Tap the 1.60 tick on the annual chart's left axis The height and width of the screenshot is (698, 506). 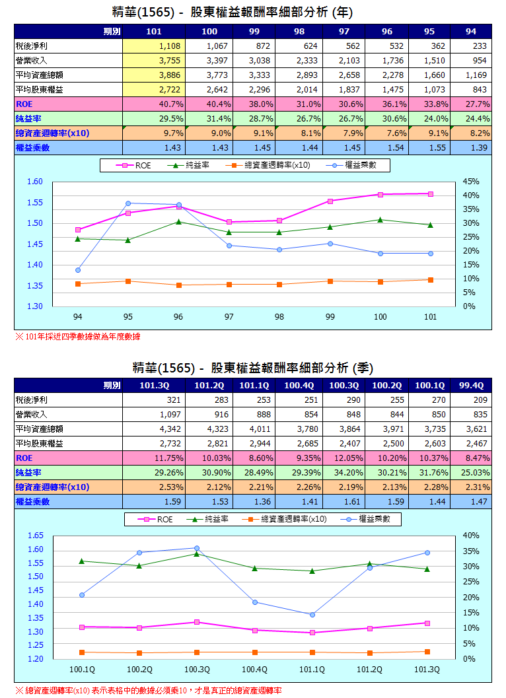coord(35,182)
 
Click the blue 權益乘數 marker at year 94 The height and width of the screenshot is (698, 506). coord(78,270)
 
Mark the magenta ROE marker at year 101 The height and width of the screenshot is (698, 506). coord(430,193)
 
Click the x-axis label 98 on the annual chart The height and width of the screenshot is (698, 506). coord(279,317)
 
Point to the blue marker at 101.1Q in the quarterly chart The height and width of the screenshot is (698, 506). coord(312,615)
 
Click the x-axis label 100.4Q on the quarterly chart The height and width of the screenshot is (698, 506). coord(254,670)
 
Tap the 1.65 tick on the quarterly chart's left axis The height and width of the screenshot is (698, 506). coord(35,536)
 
